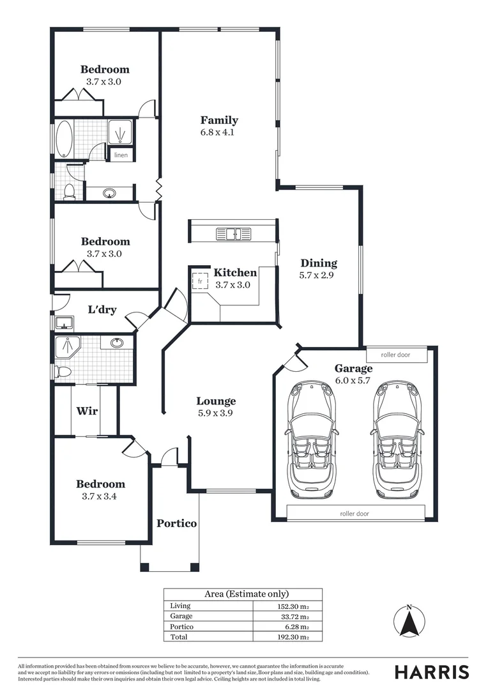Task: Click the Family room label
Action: (x=219, y=120)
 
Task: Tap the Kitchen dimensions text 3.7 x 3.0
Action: (x=233, y=285)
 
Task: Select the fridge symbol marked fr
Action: (x=201, y=281)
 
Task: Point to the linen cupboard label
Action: (x=121, y=155)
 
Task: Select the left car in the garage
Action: (x=312, y=440)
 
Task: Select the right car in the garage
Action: (x=396, y=440)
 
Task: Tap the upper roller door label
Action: (x=395, y=355)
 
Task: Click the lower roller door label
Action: (x=355, y=513)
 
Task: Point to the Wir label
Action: (x=87, y=411)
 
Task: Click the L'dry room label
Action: (x=102, y=310)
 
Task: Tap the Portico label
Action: (x=177, y=523)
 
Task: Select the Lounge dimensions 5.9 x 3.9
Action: (x=216, y=413)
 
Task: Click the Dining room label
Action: (x=319, y=263)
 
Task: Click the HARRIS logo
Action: (x=432, y=672)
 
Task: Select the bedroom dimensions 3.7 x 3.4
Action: (x=101, y=496)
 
